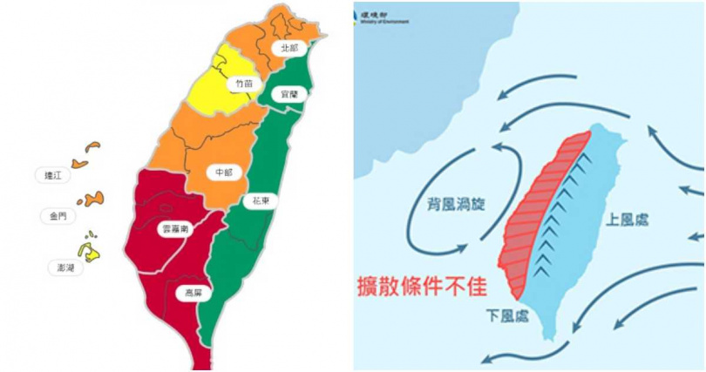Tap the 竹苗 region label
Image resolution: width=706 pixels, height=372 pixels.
pos(243,85)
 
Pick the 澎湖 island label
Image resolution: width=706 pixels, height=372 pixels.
pos(65,268)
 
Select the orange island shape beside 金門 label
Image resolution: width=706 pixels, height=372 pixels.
pos(92,199)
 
